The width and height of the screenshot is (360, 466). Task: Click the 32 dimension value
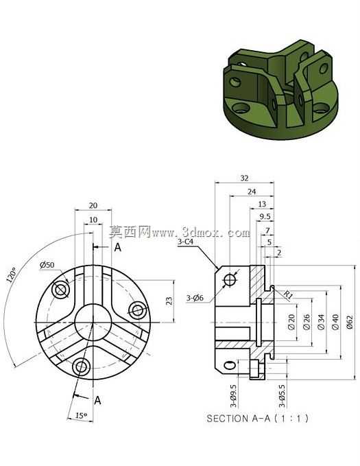point(244,178)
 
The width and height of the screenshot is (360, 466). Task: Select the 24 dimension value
point(252,191)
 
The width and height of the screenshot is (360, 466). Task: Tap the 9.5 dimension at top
point(265,217)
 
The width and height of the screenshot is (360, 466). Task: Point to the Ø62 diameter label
point(350,322)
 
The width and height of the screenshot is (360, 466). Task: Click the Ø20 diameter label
point(291,322)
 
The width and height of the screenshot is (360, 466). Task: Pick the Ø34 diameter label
point(321,322)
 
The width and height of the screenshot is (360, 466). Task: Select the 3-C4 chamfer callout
point(185,242)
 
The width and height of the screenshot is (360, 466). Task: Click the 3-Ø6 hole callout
point(195,297)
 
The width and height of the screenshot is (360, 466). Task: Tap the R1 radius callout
point(287,295)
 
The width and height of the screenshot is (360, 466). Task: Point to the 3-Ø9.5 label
point(233,396)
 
